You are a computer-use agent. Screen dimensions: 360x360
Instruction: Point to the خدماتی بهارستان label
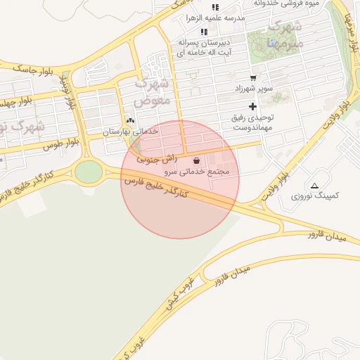(131, 131)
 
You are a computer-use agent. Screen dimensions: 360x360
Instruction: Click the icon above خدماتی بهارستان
(129, 120)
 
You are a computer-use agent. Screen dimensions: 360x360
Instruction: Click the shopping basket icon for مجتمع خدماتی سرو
(195, 160)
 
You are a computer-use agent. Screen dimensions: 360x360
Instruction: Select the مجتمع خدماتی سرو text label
(200, 172)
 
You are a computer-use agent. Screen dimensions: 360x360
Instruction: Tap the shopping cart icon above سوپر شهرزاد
(252, 78)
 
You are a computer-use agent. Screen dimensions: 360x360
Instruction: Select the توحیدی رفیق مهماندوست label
(252, 123)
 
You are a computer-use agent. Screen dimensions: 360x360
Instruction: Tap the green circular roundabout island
(89, 171)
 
